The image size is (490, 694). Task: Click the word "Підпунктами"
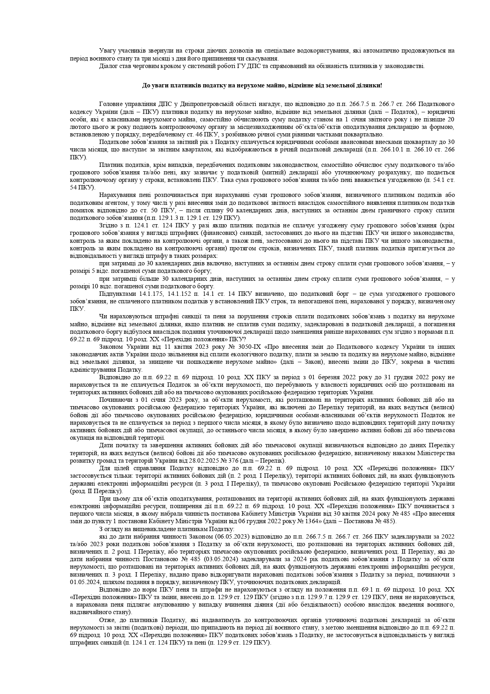(117, 294)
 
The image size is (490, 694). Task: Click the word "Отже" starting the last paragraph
(106, 620)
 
